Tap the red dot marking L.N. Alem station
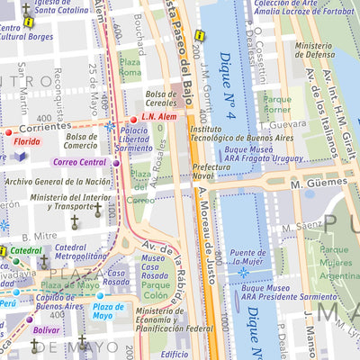click(134, 119)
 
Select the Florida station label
click(27, 141)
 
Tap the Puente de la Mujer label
click(247, 258)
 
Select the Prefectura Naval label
click(210, 171)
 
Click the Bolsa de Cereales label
click(168, 97)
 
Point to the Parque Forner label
click(277, 105)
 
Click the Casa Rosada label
click(116, 279)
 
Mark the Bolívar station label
click(46, 330)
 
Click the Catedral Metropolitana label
click(58, 253)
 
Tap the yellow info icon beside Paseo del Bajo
click(200, 36)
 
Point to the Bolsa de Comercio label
click(80, 141)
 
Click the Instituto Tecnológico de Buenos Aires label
click(229, 133)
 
